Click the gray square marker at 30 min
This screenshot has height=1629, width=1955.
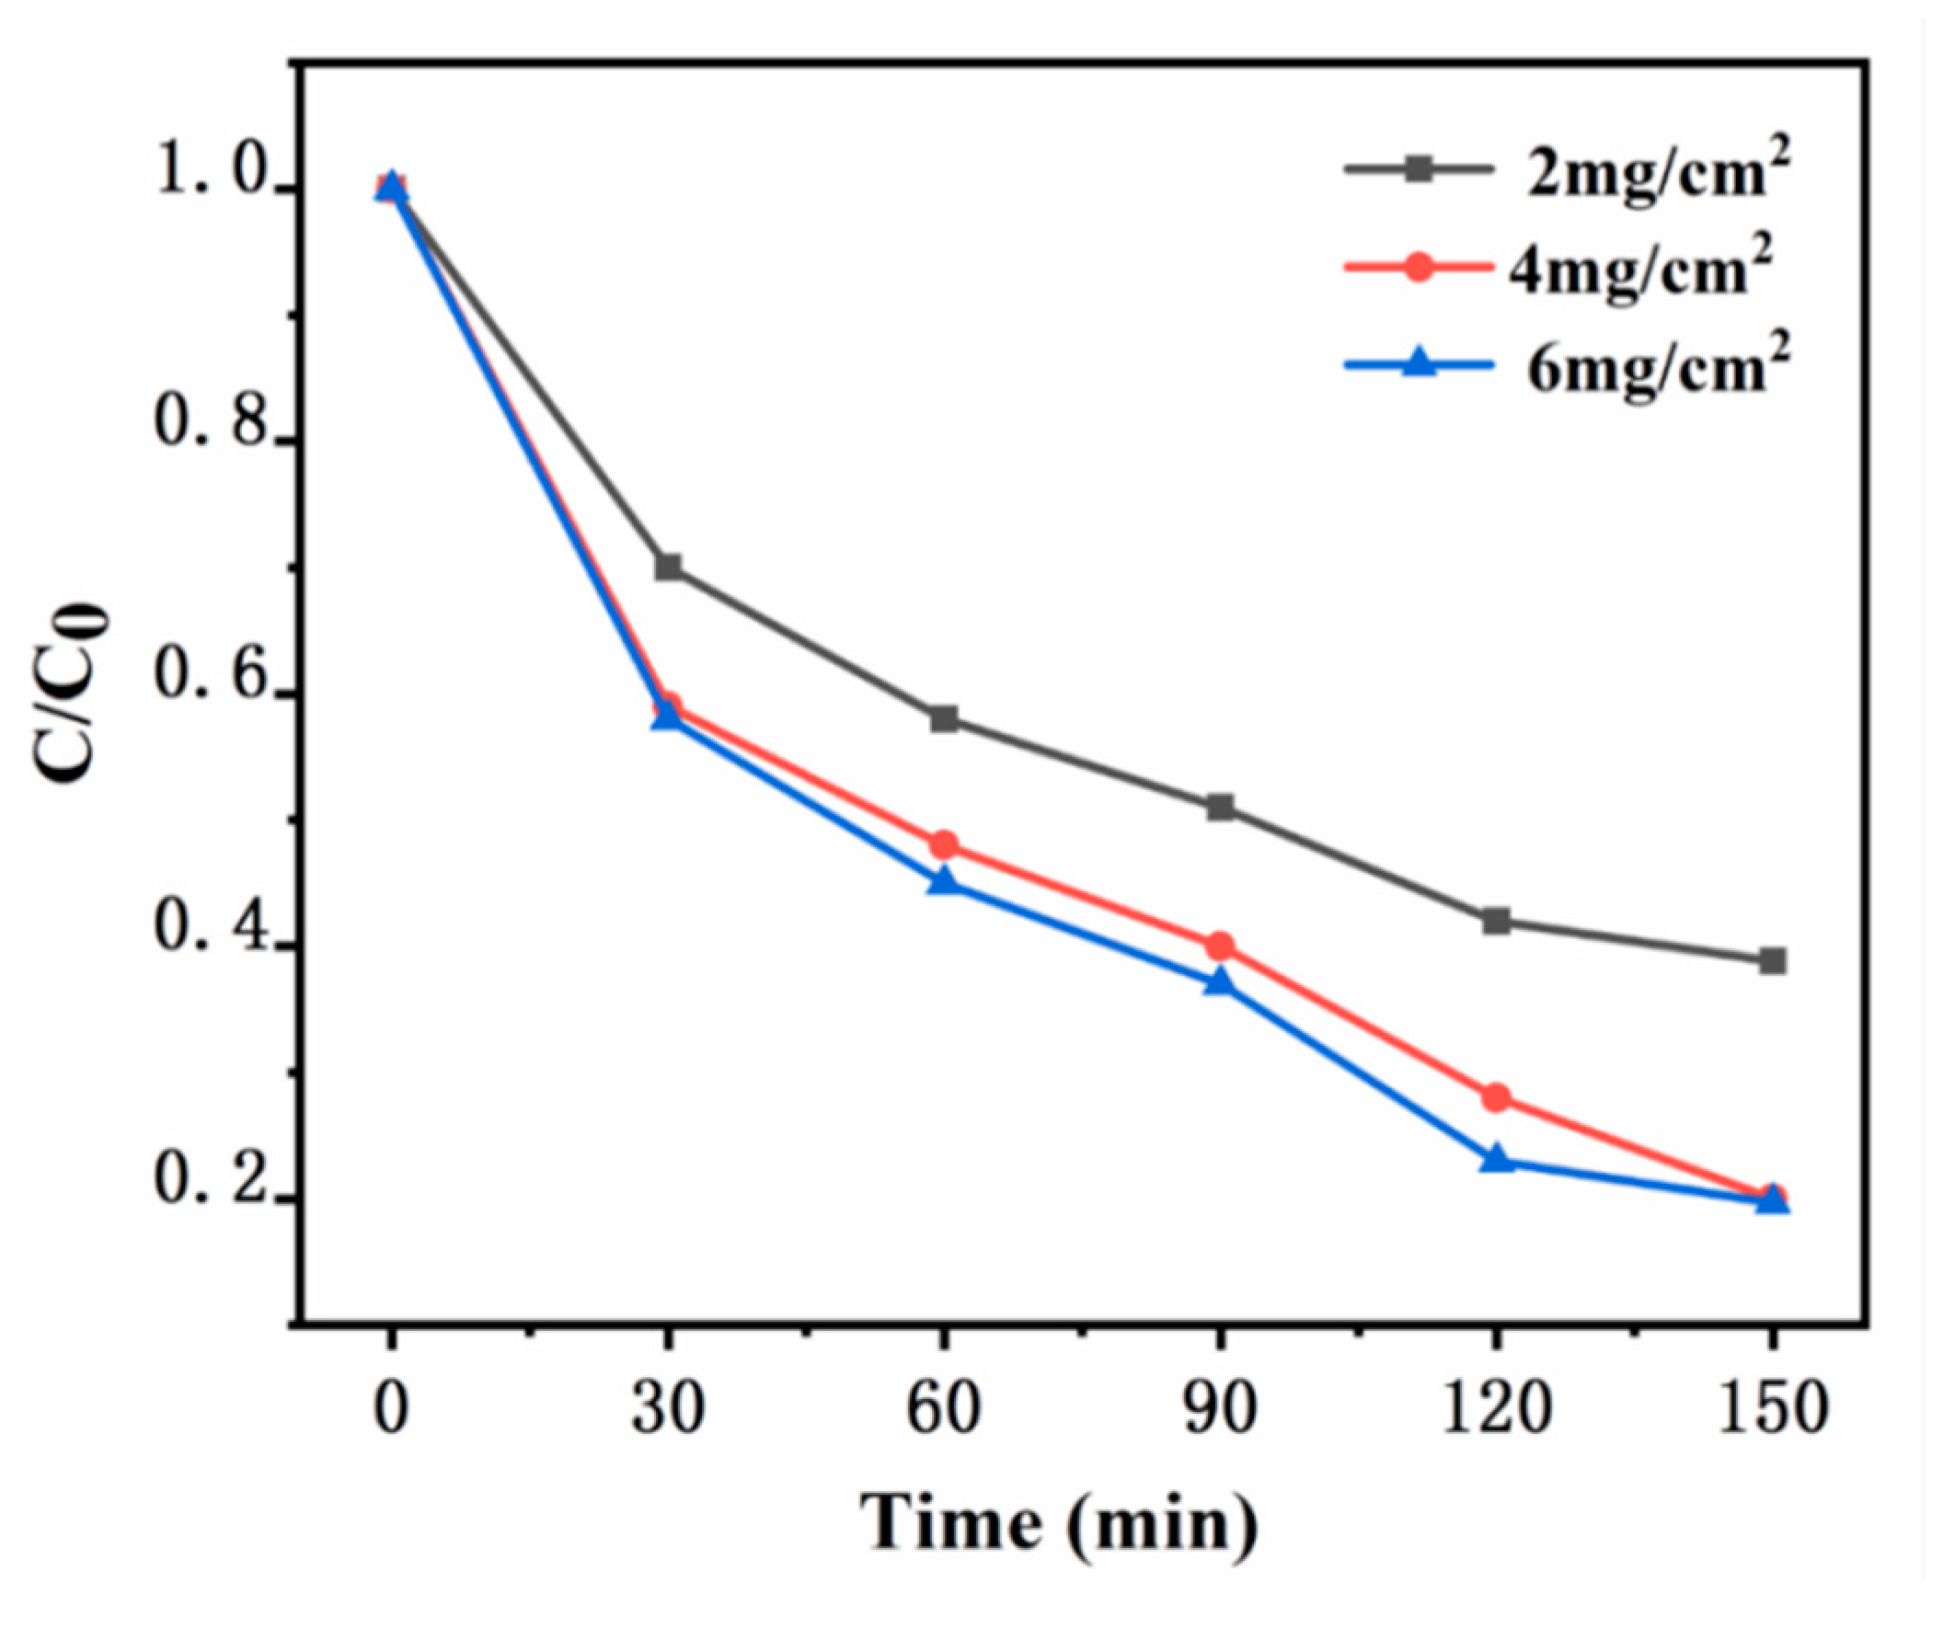click(668, 566)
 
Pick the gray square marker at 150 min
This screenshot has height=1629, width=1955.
click(1773, 960)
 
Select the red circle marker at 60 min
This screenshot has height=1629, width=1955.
click(944, 844)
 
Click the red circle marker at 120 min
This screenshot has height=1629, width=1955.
click(1496, 1097)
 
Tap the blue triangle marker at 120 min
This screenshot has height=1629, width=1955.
click(1496, 1159)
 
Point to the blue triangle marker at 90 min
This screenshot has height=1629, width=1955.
click(1220, 983)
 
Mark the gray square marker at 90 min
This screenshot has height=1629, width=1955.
click(1220, 806)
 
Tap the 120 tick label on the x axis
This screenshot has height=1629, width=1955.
click(1496, 1408)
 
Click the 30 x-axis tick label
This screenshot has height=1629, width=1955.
click(668, 1408)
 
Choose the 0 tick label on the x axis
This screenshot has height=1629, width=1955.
click(391, 1408)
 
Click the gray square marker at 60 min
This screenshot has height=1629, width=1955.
click(944, 717)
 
